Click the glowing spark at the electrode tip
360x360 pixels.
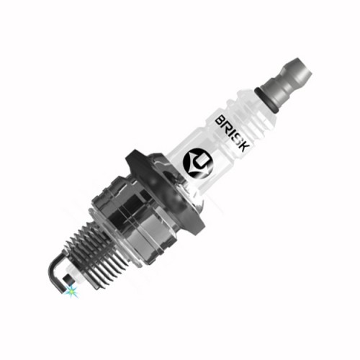71,291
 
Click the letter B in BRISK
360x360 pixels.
220,120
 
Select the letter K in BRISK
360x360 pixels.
244,145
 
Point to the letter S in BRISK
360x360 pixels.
238,138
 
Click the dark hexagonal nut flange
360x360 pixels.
166,189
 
